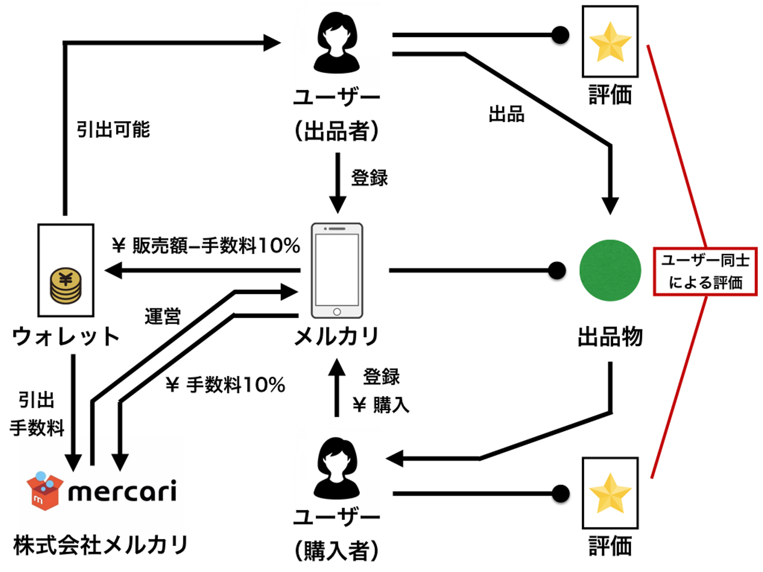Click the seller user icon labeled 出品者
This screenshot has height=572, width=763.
(336, 43)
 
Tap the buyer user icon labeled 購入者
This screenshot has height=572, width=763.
(336, 468)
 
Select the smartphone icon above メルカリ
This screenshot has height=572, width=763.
(337, 271)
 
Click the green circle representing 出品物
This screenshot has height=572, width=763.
(610, 271)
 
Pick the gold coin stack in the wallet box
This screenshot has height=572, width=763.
(66, 285)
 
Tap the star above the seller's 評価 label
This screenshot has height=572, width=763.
(610, 42)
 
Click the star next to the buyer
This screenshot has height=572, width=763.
(610, 494)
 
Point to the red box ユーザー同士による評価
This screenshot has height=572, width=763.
(705, 271)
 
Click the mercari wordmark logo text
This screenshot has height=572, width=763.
(122, 491)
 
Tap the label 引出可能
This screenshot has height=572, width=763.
(113, 129)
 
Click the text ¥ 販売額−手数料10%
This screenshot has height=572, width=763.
(206, 246)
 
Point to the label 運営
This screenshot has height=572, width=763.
(163, 316)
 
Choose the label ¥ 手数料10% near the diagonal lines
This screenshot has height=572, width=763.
(225, 385)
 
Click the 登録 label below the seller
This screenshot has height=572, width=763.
(369, 177)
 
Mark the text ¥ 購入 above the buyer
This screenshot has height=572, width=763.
(381, 405)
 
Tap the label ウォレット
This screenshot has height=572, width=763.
(66, 337)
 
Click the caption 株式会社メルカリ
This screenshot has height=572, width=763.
(101, 545)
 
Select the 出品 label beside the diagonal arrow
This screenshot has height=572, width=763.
(507, 114)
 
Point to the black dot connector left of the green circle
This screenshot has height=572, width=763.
(556, 271)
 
